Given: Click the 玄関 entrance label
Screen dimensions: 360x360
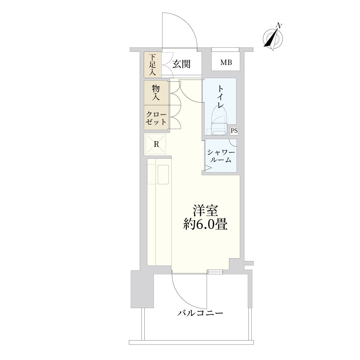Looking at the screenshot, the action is [181, 64].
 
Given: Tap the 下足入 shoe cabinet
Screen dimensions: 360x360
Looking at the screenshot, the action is [153, 65].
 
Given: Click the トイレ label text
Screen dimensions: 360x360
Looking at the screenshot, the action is [221, 96].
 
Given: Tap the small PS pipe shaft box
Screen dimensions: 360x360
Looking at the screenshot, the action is [234, 131].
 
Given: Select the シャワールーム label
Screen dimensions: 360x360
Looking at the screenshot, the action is [221, 156].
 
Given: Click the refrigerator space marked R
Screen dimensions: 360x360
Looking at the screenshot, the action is [156, 144].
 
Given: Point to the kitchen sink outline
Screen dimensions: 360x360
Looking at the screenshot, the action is [163, 175].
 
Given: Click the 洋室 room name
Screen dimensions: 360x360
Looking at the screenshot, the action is [205, 210].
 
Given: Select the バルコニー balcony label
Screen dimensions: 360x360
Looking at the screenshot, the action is [200, 313].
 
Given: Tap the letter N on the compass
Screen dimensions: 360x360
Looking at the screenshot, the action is [279, 26].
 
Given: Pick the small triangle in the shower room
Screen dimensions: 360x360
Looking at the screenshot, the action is [208, 168].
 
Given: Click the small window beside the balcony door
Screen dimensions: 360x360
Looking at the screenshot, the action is [215, 272].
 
